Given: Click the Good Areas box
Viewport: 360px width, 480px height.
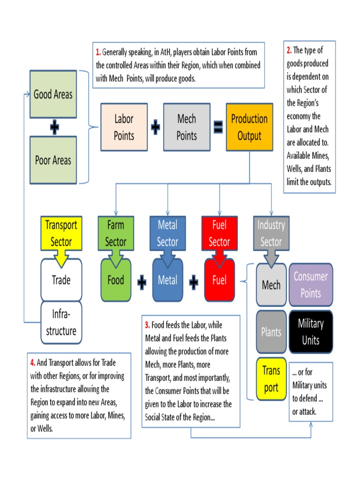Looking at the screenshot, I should (53, 94).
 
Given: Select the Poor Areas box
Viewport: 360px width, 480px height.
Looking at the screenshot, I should (53, 160).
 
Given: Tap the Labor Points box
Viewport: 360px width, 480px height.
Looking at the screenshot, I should (124, 127).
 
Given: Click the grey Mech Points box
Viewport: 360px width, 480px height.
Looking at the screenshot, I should (186, 127).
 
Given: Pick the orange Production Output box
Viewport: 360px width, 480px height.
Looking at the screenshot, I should (249, 127).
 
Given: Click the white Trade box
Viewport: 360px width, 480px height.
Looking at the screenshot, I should (61, 280).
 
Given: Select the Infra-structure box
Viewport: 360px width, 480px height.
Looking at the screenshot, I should (61, 322).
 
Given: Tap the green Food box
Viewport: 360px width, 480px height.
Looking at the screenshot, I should (115, 280).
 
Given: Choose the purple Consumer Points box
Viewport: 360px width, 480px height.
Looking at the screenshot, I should (310, 285).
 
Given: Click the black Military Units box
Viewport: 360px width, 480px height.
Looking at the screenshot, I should (310, 332).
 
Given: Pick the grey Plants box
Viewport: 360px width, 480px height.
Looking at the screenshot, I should (271, 332).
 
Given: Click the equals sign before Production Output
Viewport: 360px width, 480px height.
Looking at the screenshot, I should (218, 127).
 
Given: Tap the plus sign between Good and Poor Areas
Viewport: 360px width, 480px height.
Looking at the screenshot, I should (54, 127).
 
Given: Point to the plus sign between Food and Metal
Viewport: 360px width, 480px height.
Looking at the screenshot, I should (142, 282).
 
